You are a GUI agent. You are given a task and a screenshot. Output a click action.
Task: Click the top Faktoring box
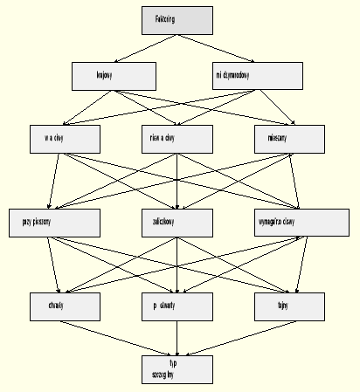(x=177, y=21)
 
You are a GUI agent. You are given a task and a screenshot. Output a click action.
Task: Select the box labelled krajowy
(x=107, y=77)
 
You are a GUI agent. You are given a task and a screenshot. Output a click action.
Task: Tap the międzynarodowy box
(x=246, y=77)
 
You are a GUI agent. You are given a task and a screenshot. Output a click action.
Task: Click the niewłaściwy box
(x=177, y=138)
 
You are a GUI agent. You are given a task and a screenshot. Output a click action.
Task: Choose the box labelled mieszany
(x=289, y=138)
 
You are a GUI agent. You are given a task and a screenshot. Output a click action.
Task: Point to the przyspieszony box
(x=45, y=224)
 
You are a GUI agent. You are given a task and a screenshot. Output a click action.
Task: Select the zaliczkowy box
(x=177, y=224)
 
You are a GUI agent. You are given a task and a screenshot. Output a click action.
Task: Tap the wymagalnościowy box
(x=289, y=224)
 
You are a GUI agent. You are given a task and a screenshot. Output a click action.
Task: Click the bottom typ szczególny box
(x=177, y=367)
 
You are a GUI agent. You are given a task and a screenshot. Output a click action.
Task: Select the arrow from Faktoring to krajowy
(x=142, y=49)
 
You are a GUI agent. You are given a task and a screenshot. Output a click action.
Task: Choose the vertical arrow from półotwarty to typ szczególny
(x=177, y=335)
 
